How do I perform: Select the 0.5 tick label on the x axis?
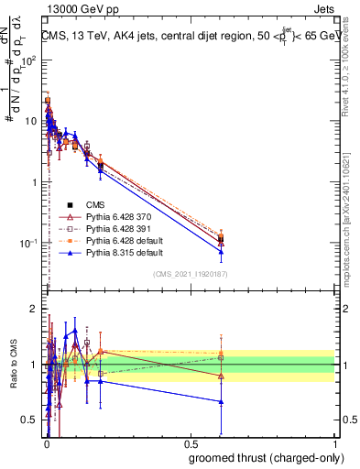(x=190, y=443)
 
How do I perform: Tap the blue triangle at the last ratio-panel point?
(x=221, y=401)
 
